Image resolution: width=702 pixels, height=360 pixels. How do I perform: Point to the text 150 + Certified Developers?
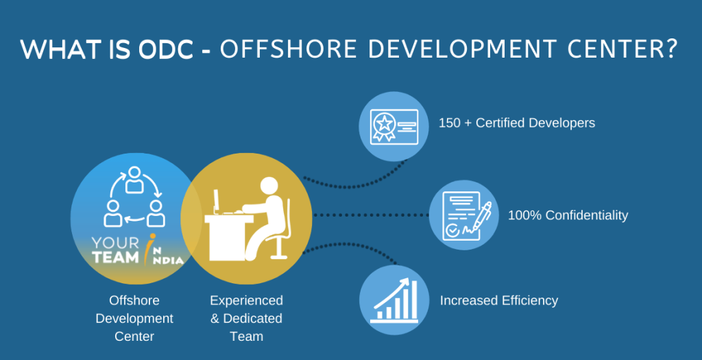[x=517, y=123]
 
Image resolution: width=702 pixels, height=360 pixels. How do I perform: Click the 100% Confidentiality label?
[x=568, y=215]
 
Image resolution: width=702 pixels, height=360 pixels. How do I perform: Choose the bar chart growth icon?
[x=394, y=300]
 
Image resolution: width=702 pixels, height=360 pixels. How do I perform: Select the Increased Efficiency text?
[x=499, y=300]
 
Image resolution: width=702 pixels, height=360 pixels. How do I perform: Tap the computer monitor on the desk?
[x=217, y=201]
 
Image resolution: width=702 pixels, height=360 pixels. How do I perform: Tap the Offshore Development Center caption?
[x=134, y=318]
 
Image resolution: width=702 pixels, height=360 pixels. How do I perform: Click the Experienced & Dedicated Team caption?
[x=245, y=318]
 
